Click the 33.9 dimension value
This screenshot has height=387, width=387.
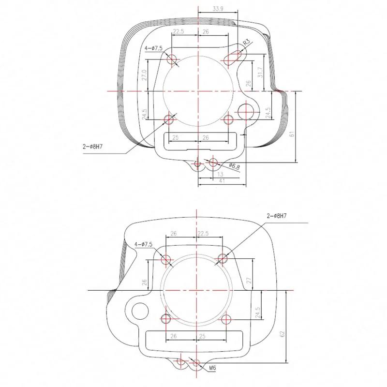[218, 9]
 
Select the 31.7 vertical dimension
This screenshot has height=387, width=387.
[260, 72]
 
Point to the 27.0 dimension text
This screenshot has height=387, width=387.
[144, 75]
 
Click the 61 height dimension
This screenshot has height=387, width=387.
[292, 134]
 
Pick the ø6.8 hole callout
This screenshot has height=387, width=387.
[234, 166]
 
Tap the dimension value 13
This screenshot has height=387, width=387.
[220, 175]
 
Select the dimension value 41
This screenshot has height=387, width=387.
[222, 180]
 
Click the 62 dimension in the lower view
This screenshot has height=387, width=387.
[283, 334]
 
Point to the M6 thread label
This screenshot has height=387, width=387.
[212, 368]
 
